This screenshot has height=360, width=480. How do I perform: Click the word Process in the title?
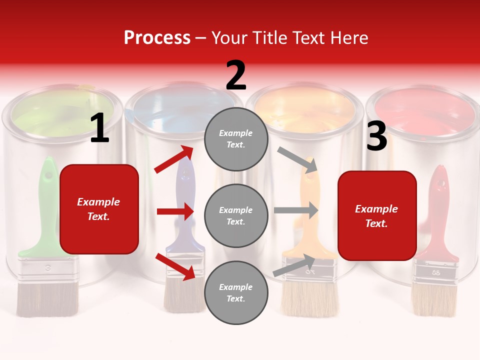point(157,37)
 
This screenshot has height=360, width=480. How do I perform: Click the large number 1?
point(99,128)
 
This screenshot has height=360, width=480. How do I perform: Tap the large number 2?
point(236,75)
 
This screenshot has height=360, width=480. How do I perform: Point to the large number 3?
point(376,136)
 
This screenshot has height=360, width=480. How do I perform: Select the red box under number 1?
point(99,209)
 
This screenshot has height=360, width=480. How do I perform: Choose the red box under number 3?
point(377,216)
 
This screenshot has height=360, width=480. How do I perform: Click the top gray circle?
point(236,139)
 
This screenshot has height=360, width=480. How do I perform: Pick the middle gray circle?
point(236,216)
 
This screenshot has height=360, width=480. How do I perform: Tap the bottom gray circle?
point(236,293)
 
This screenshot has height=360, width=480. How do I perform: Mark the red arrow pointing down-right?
point(175,266)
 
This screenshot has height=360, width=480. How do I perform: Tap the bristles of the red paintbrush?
point(433,300)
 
